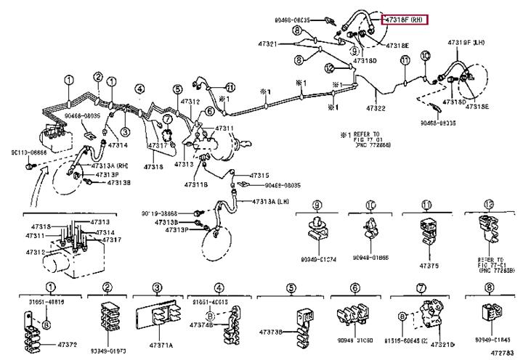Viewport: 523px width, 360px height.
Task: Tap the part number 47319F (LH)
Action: pos(466,43)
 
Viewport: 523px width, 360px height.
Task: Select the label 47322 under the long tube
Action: pos(375,108)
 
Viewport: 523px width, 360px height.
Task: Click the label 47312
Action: pos(190,102)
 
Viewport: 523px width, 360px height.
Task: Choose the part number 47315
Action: pos(259,175)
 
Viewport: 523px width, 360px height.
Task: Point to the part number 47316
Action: pos(153,167)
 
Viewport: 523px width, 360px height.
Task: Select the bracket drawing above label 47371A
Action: pos(158,317)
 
